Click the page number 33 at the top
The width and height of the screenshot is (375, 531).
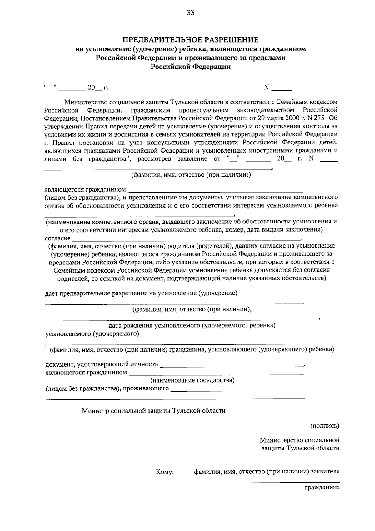[x=191, y=13]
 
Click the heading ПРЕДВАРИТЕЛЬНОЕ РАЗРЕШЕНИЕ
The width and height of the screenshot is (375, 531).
[x=191, y=40]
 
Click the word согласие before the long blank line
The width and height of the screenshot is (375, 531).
[x=58, y=238]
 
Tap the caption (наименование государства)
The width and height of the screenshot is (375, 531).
[x=192, y=380]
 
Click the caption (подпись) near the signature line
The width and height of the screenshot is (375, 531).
[x=325, y=425]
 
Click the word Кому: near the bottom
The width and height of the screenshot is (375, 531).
[x=165, y=472]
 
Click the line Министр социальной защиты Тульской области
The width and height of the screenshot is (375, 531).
[x=154, y=410]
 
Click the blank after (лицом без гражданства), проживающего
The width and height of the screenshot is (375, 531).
[x=237, y=389]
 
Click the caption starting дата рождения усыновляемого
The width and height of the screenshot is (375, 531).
[x=192, y=325]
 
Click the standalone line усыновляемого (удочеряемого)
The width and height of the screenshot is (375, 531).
[x=92, y=333]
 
